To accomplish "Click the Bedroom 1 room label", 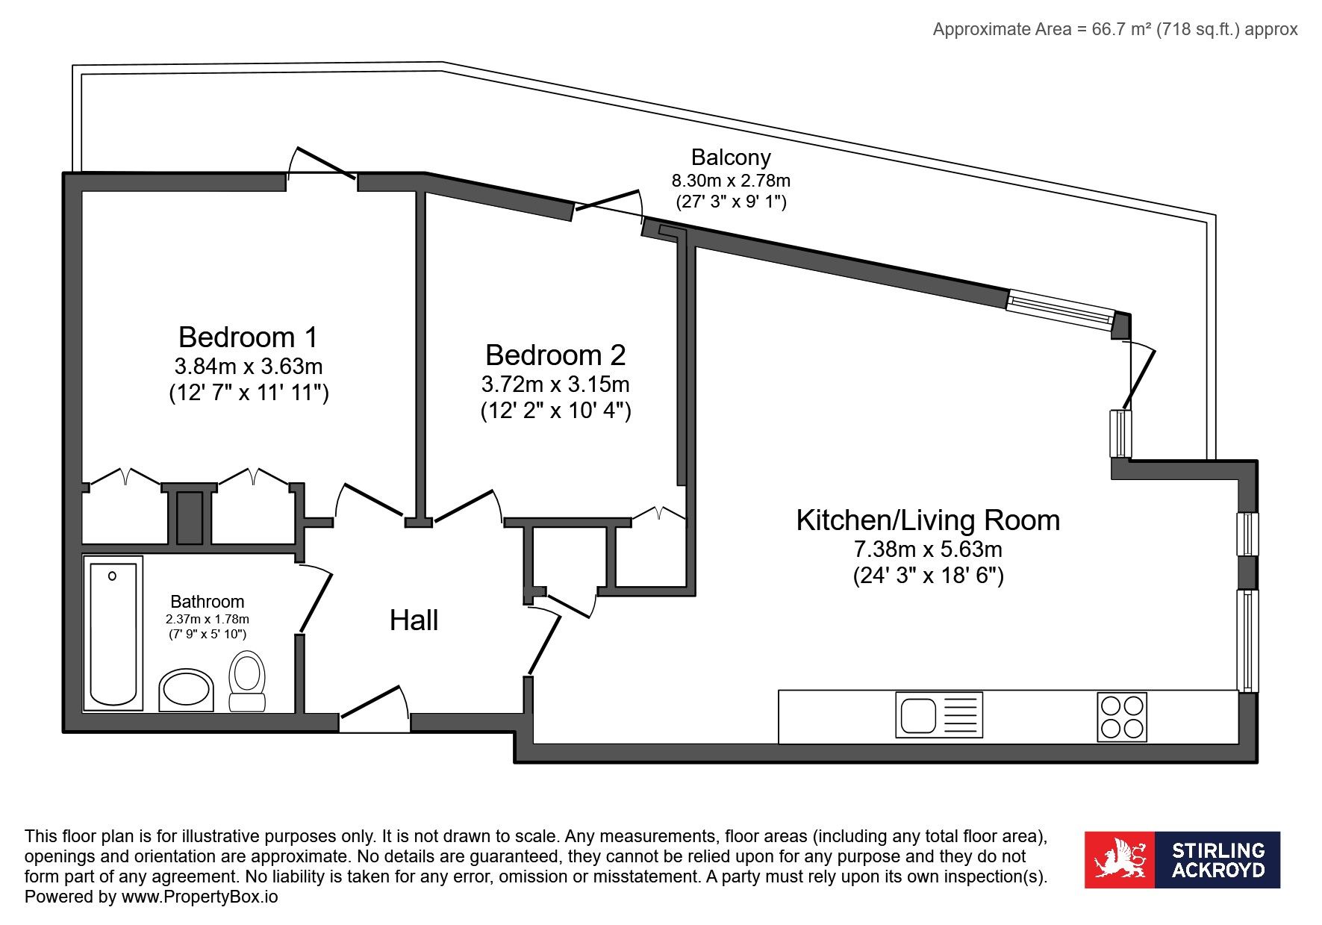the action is (248, 337).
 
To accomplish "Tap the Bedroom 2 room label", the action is (555, 355).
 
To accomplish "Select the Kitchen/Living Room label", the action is (928, 520).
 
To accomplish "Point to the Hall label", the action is (414, 620).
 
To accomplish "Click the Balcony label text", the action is (731, 158).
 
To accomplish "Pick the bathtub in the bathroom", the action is (113, 634).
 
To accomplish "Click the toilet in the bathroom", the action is (247, 681).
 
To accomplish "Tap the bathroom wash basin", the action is (186, 690).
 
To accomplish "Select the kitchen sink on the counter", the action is (939, 715).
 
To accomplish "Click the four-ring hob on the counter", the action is (1122, 717).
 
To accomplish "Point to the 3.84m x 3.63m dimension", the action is (249, 367).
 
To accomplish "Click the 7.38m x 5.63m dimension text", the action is (928, 549).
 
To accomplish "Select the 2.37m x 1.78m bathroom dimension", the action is (208, 619).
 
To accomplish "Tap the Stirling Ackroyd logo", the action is (1182, 859).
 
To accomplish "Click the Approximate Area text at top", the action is (1115, 29).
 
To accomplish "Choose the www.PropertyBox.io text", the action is (199, 897).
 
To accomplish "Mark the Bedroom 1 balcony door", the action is (321, 163).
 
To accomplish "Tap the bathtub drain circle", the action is (112, 576).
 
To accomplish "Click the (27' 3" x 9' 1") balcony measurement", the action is (731, 202).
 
